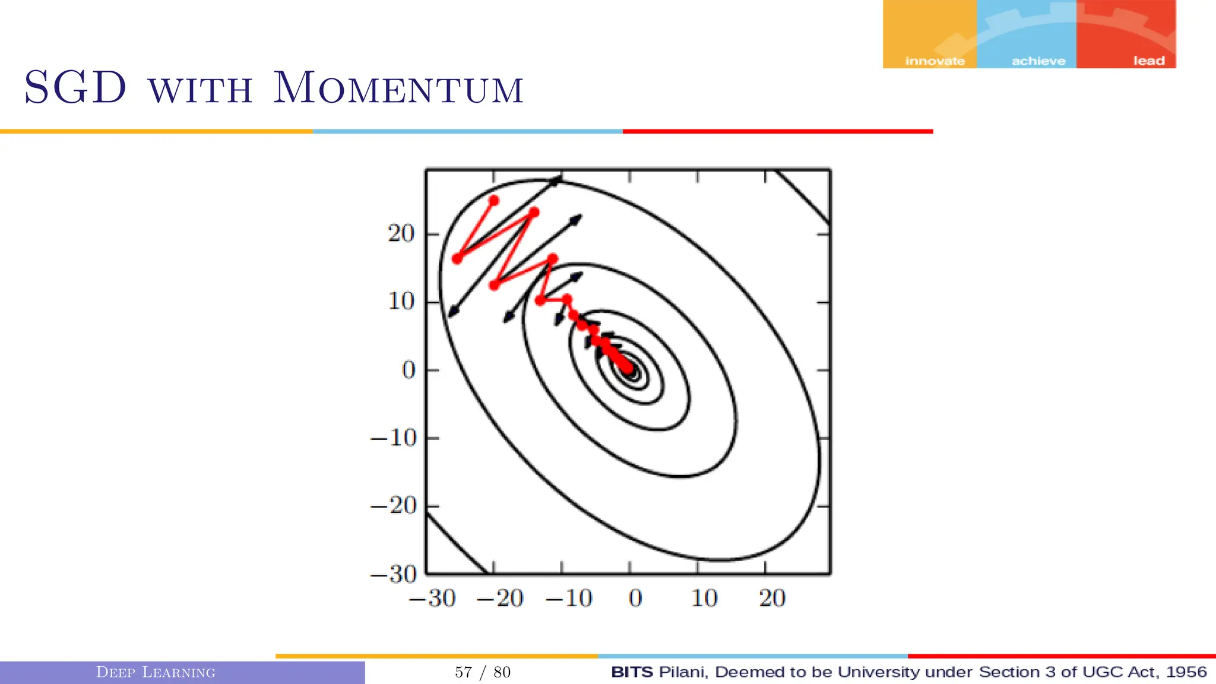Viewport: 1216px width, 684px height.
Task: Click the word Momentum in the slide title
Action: [x=398, y=89]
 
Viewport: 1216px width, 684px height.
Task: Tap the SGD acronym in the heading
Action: [x=75, y=88]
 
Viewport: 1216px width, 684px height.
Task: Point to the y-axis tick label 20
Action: [x=401, y=234]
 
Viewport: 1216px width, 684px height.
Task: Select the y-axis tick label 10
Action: [x=401, y=302]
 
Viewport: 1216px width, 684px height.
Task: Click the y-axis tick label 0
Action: [x=408, y=370]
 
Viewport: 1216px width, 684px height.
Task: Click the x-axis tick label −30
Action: [x=432, y=598]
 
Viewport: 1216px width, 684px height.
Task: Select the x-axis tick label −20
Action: [x=500, y=598]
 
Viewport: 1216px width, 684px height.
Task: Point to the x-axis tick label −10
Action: [x=569, y=598]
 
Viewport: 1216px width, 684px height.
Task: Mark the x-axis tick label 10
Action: [x=704, y=598]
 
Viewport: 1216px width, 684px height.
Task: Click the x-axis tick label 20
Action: [x=772, y=598]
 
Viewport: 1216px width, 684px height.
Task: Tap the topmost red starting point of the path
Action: [x=494, y=201]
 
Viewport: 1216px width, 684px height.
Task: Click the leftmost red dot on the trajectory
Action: [x=457, y=259]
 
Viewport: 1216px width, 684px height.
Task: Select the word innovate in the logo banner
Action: [x=935, y=61]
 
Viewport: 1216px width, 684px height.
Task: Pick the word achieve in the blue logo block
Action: [x=1038, y=61]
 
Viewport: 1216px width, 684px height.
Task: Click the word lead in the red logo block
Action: [x=1148, y=61]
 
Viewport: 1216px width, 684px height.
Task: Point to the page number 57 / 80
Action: [x=483, y=672]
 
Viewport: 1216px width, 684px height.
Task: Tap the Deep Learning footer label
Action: [x=156, y=672]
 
